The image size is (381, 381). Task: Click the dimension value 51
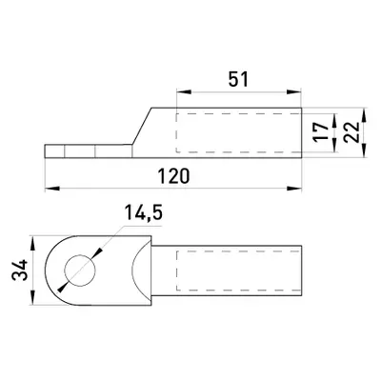point(238,80)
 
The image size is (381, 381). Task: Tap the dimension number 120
point(174,176)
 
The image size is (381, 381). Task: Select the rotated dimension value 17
point(322,132)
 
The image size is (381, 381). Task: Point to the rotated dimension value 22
point(351,131)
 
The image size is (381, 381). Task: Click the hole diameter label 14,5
point(143,213)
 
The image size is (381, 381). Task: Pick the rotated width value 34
point(20,271)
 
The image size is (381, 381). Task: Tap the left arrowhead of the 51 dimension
point(184,92)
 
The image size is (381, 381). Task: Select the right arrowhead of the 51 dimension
point(294,92)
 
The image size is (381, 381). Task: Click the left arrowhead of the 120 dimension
point(52,189)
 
